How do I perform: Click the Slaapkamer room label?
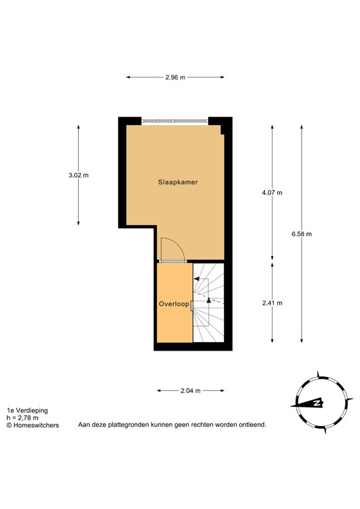tap(178, 182)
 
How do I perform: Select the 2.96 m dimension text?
tap(175, 78)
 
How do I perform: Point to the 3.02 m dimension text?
tap(78, 176)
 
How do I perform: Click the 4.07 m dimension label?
tap(272, 193)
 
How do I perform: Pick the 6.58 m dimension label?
tap(301, 234)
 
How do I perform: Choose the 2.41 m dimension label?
tap(272, 303)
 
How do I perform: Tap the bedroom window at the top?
tap(174, 121)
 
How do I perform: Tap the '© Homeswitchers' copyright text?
tap(32, 425)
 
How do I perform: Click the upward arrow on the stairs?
tap(209, 300)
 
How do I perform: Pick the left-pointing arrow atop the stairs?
tap(197, 280)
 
